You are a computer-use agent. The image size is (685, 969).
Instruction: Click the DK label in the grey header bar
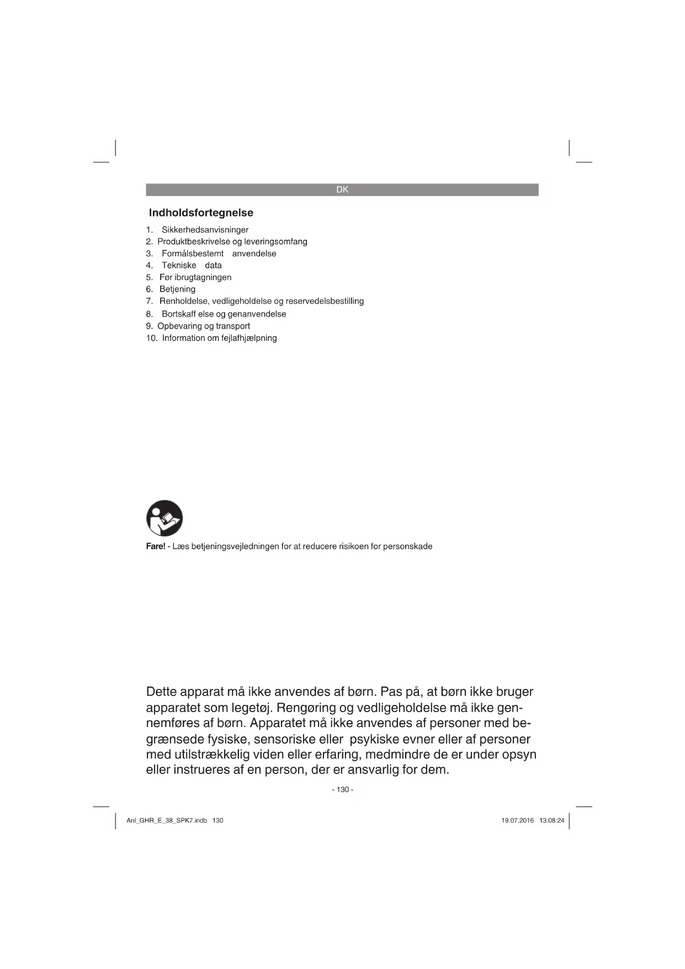(342, 189)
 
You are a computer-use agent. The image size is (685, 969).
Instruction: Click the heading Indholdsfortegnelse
(201, 213)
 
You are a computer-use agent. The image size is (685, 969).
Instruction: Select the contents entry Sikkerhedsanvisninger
(205, 230)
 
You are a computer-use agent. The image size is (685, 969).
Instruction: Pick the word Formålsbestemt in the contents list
(193, 254)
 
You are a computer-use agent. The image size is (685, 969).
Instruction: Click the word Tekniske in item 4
(179, 265)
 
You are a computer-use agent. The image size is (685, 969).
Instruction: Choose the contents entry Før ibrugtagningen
(195, 277)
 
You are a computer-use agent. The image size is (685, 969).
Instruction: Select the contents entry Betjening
(177, 289)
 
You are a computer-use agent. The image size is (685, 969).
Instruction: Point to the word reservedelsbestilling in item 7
(325, 301)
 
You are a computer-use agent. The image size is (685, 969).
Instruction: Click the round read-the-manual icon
(164, 518)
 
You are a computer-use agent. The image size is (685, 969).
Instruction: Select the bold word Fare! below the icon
(156, 546)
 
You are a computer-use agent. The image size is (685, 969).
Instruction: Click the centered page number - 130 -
(342, 789)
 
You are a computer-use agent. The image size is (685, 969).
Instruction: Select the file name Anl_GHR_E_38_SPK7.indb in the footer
(167, 820)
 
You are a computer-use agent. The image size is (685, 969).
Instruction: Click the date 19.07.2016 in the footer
(517, 820)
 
